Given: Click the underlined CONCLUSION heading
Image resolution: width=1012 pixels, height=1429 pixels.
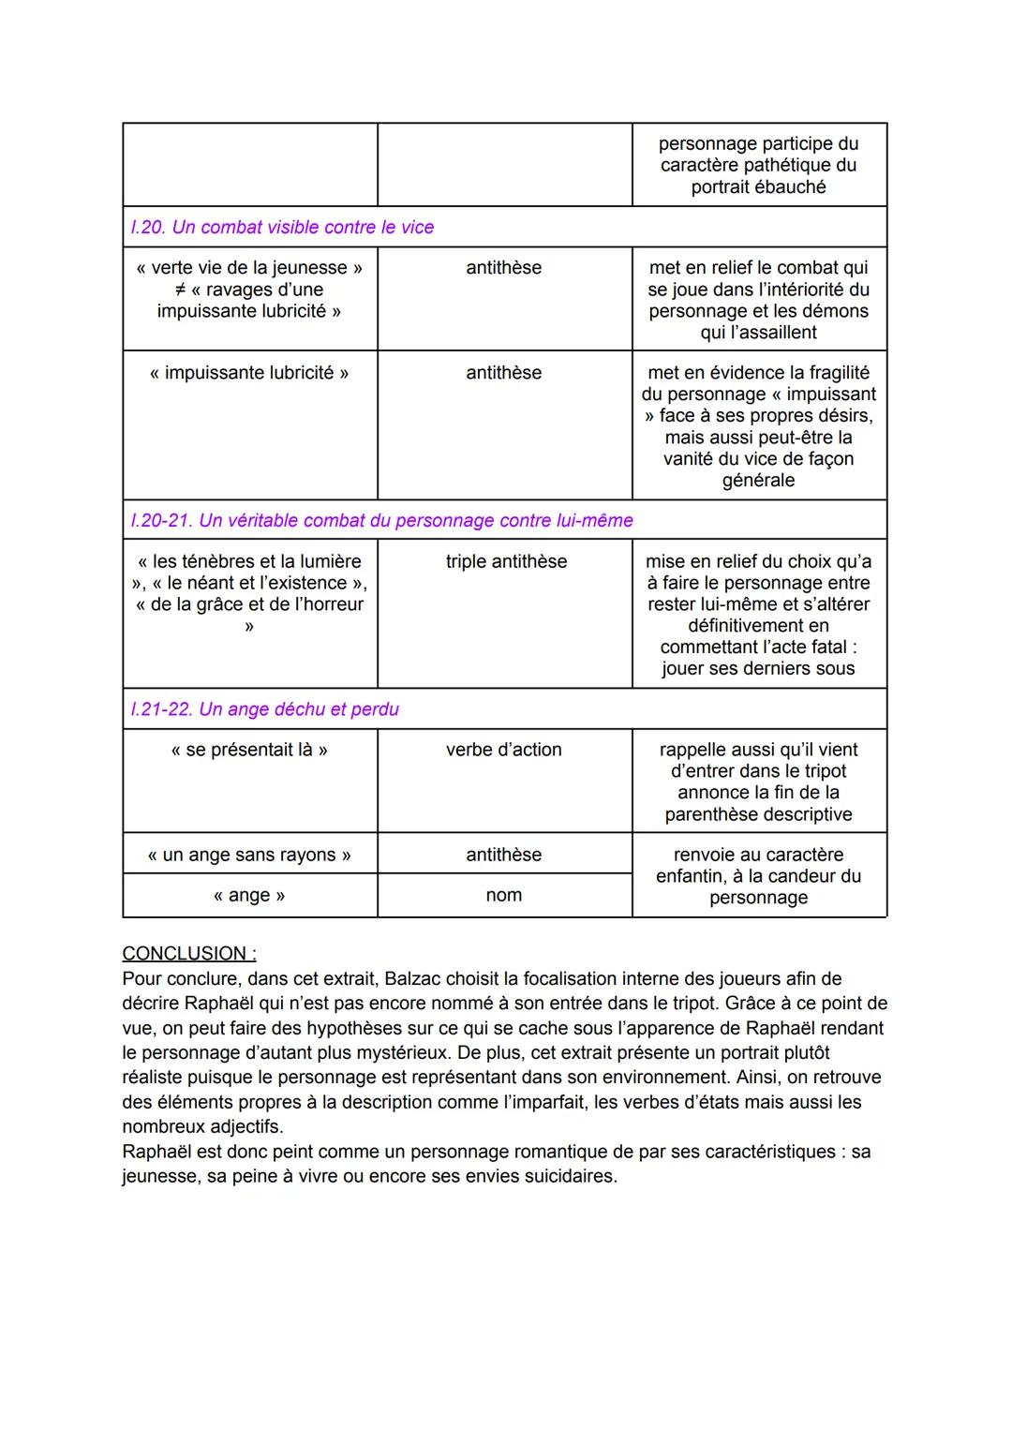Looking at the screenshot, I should [188, 953].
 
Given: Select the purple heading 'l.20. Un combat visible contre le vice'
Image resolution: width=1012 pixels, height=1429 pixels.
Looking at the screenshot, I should [282, 227].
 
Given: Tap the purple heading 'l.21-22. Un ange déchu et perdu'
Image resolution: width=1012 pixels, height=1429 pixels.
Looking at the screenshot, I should [265, 709].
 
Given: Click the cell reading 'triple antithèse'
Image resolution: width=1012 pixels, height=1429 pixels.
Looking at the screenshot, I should [506, 561].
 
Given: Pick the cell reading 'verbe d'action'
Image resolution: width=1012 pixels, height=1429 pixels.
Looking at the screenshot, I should [504, 750].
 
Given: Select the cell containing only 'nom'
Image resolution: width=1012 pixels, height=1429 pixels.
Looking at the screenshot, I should [504, 895].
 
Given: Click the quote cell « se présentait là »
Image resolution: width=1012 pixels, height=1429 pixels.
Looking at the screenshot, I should [249, 750].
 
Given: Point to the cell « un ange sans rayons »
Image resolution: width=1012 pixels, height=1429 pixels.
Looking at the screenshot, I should [249, 855].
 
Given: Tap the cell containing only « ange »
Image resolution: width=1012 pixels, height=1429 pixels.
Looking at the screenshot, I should [249, 895].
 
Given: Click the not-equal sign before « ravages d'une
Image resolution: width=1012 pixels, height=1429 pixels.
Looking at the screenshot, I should [181, 290].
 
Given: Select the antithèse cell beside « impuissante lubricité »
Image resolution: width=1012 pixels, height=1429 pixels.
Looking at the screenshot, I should [504, 373].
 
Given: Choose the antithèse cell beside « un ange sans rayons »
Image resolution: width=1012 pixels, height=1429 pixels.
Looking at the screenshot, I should [504, 855].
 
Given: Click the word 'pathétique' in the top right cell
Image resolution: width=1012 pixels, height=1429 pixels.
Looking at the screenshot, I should [783, 165].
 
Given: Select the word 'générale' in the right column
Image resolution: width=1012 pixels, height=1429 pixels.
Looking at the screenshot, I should [758, 481].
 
